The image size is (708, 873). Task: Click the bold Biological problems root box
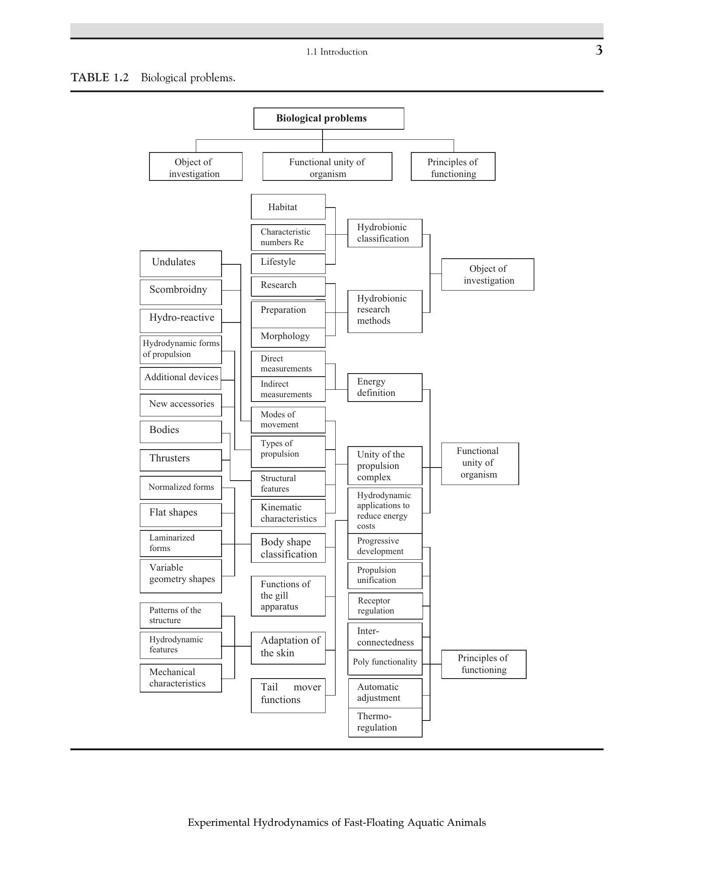[x=329, y=118]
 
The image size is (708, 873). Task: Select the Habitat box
[x=288, y=207]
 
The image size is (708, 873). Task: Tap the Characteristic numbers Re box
[x=288, y=237]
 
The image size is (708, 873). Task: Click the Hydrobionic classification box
[x=385, y=233]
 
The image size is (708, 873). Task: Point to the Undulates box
[x=180, y=263]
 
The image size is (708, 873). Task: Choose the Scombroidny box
[x=180, y=292]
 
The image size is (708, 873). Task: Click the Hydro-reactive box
[x=180, y=321]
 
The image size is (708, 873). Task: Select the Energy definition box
[x=385, y=387]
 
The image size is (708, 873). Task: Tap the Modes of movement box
[x=288, y=420]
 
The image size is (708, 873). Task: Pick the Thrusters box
[x=180, y=460]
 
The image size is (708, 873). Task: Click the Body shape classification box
[x=288, y=548]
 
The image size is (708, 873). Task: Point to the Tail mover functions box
[x=288, y=696]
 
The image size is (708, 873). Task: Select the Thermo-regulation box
[x=385, y=722]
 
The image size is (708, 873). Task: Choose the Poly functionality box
[x=385, y=662]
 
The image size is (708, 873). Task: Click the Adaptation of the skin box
[x=288, y=648]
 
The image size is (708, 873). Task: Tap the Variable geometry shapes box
[x=180, y=576]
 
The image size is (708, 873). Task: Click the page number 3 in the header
[x=599, y=50]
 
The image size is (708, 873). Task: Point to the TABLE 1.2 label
[x=100, y=78]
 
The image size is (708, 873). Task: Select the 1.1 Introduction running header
[x=337, y=52]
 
